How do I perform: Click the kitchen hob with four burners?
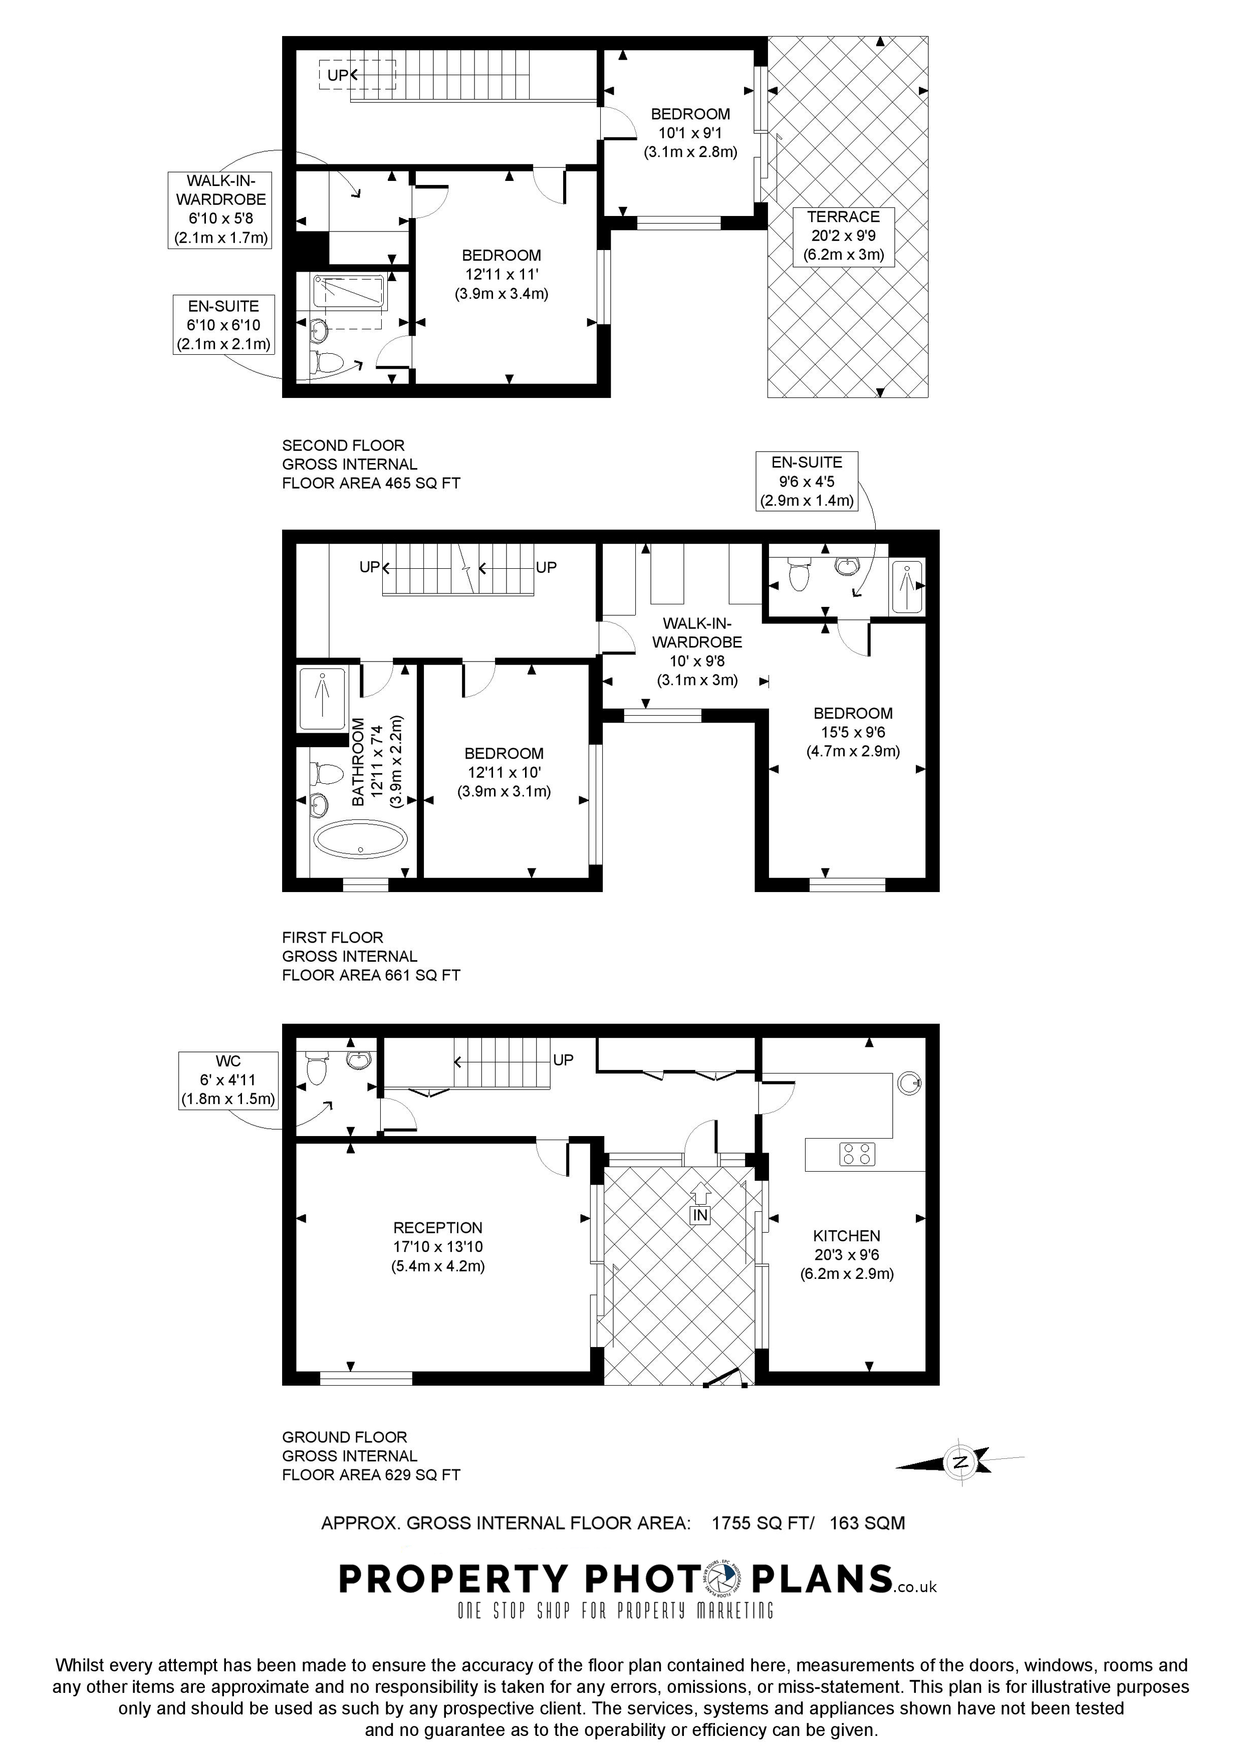coord(857,1154)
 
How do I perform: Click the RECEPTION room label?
coord(438,1227)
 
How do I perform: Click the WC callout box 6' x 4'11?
coord(228,1079)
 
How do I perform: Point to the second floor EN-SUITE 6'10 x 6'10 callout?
coord(223,325)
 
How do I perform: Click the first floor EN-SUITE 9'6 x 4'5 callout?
coord(807,482)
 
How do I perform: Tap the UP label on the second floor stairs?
coord(338,75)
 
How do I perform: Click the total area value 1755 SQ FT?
coord(760,1523)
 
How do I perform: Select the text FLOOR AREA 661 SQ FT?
coord(371,975)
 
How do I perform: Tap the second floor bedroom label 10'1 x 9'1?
coord(690,132)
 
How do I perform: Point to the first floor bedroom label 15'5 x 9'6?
coord(853,732)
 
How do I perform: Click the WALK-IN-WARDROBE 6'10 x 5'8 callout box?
coord(220,209)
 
